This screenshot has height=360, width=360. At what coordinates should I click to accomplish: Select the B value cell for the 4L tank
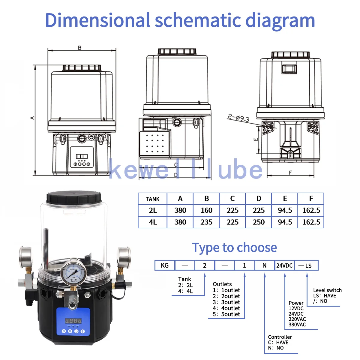point(206,222)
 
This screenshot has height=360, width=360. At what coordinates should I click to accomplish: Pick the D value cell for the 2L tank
point(259,210)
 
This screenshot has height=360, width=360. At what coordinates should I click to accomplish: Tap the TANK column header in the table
point(152,199)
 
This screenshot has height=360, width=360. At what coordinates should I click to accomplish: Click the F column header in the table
point(311,199)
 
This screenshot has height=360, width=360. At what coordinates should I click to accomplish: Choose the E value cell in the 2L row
point(285,210)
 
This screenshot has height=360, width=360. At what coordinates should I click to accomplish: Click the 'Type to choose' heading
point(234,248)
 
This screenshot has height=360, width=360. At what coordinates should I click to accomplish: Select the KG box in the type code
point(165,265)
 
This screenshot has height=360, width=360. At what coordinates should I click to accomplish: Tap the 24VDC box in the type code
point(284,265)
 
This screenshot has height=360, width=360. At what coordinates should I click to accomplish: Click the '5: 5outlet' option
point(226,314)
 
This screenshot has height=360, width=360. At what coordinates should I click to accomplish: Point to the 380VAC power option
point(297,325)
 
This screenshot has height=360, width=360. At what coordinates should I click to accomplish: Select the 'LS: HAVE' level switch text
point(325,295)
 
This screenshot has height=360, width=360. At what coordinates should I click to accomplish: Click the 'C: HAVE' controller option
point(278,342)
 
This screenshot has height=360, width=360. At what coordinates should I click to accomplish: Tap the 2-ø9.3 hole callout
point(238,117)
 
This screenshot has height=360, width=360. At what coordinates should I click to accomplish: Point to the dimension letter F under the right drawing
point(290,172)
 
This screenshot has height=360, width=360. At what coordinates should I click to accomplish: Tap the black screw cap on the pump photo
point(74,197)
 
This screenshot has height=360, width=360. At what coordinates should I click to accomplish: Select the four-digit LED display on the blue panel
point(73,321)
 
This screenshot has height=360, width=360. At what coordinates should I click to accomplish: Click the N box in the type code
point(264,265)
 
